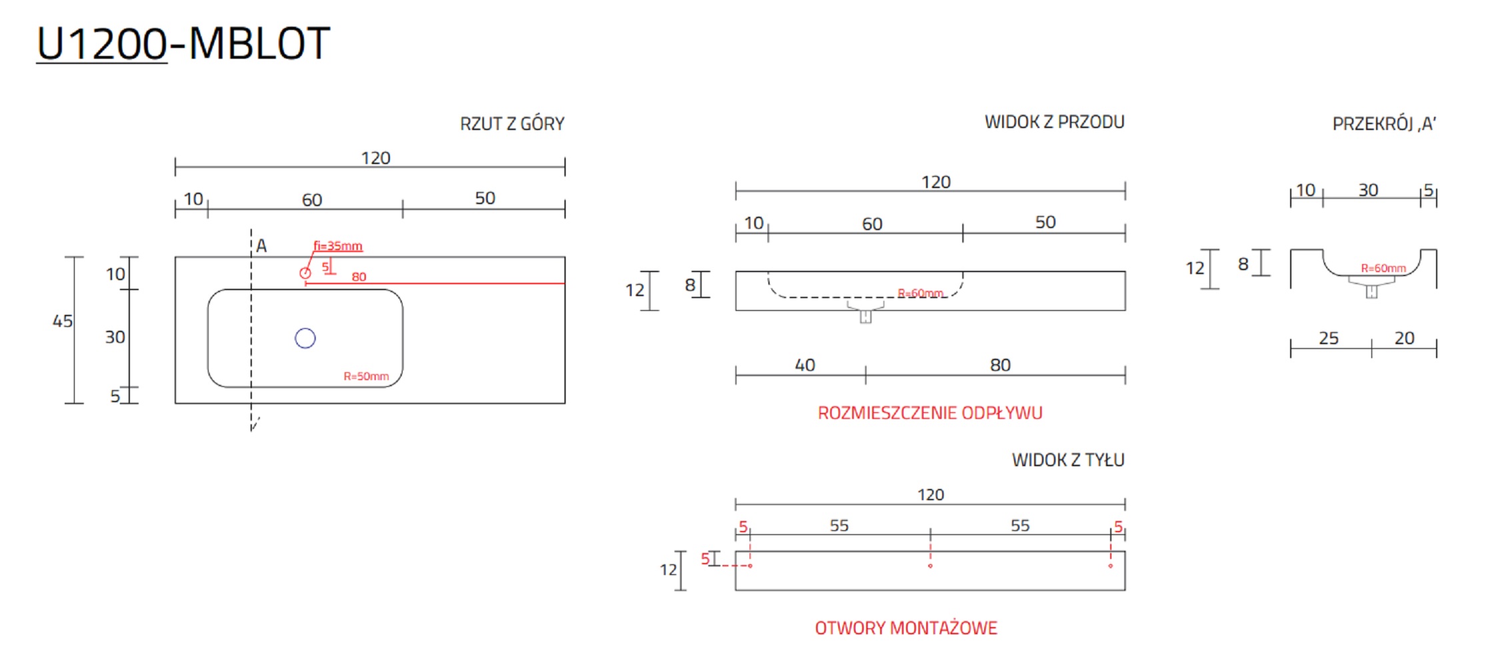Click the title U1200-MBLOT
[x=183, y=44]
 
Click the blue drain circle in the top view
[x=305, y=339]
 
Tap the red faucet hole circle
[x=305, y=273]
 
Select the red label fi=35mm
[x=338, y=246]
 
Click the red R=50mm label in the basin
[x=366, y=376]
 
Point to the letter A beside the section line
[x=261, y=246]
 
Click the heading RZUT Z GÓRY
[x=512, y=124]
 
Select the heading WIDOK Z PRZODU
[x=1054, y=122]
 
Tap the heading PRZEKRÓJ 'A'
[x=1384, y=124]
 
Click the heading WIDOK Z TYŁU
[x=1068, y=460]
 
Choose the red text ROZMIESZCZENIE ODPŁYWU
[x=930, y=413]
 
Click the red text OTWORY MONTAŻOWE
[x=906, y=628]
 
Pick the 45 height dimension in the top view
[x=63, y=321]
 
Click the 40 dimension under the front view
[x=804, y=366]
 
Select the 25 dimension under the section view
[x=1328, y=339]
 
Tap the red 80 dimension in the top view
[x=359, y=277]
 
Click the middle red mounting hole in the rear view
[x=930, y=566]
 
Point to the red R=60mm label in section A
[x=1383, y=268]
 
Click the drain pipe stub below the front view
[x=866, y=316]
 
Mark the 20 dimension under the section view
[x=1404, y=339]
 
